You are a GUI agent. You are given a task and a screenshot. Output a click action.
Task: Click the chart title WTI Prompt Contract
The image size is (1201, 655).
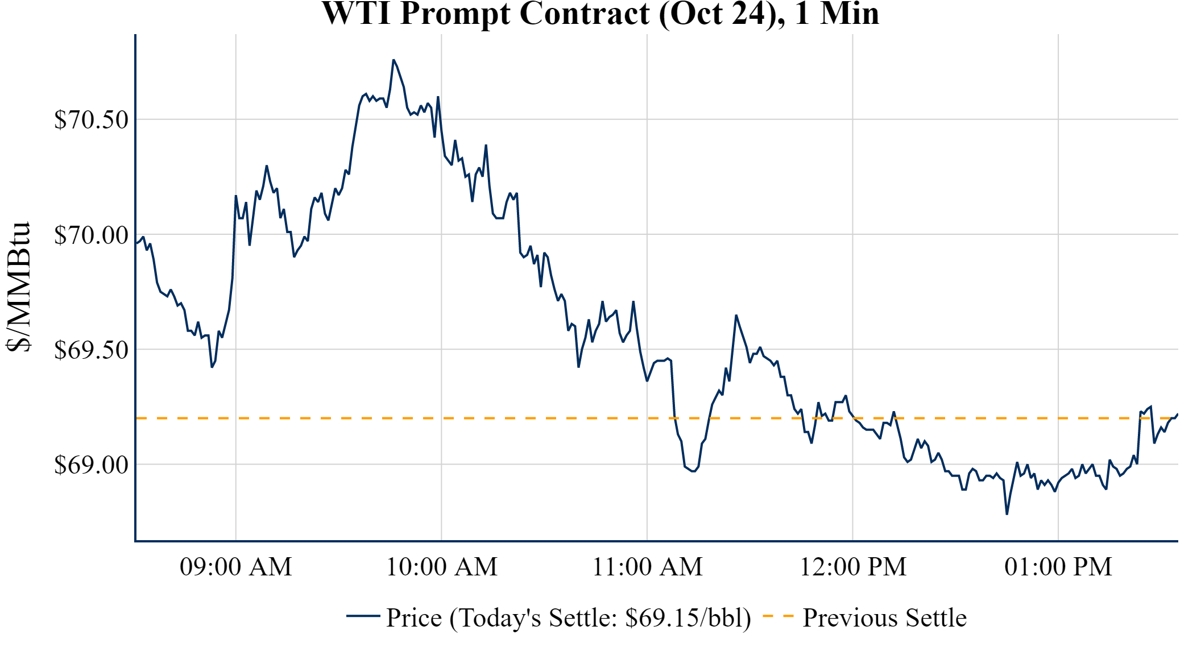(600, 14)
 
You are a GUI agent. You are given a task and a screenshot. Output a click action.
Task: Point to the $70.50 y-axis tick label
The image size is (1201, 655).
(91, 120)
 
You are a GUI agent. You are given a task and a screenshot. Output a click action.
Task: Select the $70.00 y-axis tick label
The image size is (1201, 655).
(91, 235)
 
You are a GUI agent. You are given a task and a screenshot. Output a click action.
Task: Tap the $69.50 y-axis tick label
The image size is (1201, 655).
(91, 350)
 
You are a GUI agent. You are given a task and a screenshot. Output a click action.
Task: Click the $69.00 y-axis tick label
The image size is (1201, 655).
(91, 465)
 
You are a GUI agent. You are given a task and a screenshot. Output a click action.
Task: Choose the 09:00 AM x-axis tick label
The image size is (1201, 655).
(235, 567)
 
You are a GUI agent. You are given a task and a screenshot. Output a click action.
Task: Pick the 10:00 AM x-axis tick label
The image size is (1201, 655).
(441, 567)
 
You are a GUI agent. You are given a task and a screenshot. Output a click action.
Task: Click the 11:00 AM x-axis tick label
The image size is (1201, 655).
(647, 567)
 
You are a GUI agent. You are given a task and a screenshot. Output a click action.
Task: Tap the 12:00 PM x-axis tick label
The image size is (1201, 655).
(852, 567)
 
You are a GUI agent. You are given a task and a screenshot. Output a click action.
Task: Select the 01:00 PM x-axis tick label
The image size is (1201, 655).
(1058, 567)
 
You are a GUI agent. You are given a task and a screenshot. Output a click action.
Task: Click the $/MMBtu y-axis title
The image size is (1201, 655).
(19, 287)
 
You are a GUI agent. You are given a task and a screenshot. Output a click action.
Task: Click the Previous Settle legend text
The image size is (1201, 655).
(884, 617)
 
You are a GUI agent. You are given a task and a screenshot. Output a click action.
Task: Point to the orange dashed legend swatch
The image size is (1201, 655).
(777, 616)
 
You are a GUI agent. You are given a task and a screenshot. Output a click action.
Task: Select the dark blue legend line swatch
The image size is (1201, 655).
(363, 616)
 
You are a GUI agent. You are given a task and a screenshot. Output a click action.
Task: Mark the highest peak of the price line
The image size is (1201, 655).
(393, 60)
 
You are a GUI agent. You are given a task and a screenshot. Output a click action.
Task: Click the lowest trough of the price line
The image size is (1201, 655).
(1007, 514)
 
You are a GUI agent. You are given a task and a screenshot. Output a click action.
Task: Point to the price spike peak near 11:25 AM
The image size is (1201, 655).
(736, 315)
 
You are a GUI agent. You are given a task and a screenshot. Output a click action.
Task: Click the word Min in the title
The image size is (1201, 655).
(850, 14)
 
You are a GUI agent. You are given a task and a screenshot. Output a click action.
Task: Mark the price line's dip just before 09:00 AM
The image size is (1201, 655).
(212, 367)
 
